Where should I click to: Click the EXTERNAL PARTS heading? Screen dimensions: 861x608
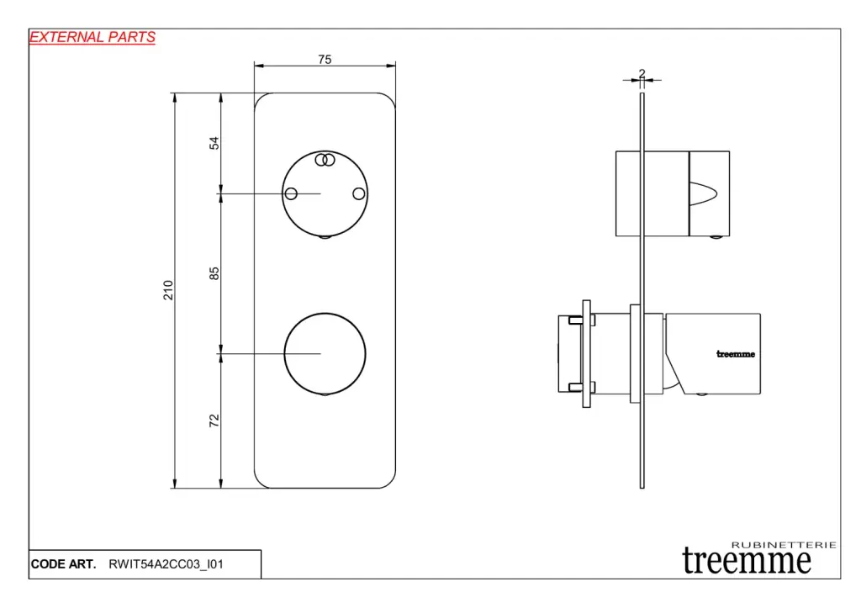coord(92,37)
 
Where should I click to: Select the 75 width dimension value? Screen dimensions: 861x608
coord(325,60)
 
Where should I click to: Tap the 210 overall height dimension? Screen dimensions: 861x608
coord(168,290)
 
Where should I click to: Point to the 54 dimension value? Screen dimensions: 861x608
coord(214,143)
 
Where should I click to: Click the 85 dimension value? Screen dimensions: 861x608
coord(214,273)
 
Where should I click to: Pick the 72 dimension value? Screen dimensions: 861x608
coord(214,420)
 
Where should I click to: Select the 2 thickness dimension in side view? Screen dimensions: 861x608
coord(642,73)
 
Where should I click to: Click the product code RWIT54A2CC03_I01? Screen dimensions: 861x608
coord(166,564)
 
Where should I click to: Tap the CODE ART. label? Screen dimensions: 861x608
coord(63,564)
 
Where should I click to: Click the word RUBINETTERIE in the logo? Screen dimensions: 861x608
coord(784,545)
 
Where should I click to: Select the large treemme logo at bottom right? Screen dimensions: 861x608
coord(747,561)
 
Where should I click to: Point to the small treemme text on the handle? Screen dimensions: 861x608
coord(735,354)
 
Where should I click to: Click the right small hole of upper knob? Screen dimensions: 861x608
coord(358,193)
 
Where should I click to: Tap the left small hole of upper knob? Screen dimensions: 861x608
coord(291,193)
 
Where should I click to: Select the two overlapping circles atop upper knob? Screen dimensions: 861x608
coord(325,160)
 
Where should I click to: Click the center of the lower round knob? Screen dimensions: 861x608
coord(325,354)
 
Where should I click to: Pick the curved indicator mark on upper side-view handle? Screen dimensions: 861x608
coord(704,193)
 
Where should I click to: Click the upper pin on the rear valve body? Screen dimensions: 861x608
coord(575,320)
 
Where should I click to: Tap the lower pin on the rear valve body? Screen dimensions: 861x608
coord(575,387)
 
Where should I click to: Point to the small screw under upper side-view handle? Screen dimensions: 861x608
coord(716,236)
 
